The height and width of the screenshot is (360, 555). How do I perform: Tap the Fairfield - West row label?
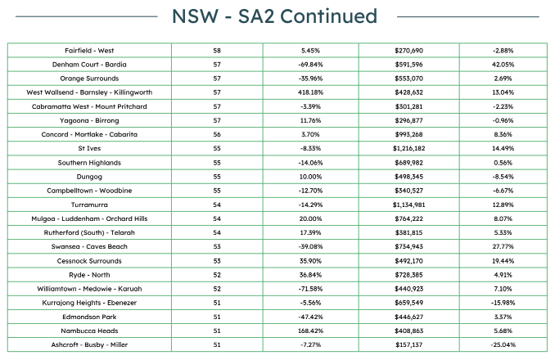pos(89,51)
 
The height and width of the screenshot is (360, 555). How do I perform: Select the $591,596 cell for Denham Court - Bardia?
pos(408,65)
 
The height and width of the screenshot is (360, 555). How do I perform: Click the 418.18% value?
pos(310,92)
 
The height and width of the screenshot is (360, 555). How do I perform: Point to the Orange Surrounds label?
pos(89,79)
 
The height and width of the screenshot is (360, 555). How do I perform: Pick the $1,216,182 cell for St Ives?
pos(408,149)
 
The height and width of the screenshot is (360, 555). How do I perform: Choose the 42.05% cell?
pos(503,65)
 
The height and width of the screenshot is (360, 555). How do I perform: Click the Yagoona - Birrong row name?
pos(89,120)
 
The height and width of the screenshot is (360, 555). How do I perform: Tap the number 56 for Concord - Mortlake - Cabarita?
pos(217,134)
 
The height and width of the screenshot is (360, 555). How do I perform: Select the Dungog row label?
pos(89,177)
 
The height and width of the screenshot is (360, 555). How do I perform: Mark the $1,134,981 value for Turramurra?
pos(408,205)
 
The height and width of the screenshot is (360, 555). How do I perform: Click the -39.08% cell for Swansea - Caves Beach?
pos(310,246)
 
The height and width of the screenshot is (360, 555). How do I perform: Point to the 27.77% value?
pos(503,246)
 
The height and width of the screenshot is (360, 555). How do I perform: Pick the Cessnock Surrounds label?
pos(89,261)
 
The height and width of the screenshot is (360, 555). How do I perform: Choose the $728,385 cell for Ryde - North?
pos(408,275)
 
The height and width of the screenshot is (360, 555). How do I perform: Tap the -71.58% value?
pos(310,289)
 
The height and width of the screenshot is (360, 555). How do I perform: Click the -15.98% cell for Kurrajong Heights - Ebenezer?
pos(503,303)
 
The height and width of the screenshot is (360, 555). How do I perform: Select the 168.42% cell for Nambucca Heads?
pos(310,331)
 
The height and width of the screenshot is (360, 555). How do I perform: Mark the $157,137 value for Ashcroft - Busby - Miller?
pos(408,344)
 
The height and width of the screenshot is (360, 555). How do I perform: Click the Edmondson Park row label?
pos(89,317)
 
